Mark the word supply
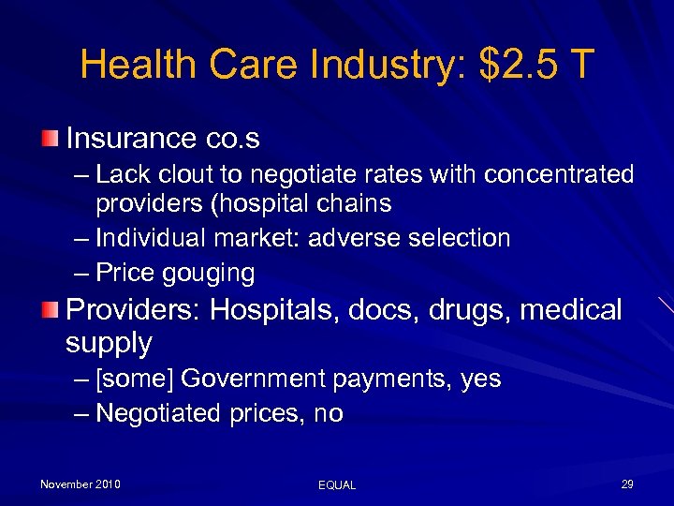(108, 343)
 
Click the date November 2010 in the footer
(80, 484)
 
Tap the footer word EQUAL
(337, 485)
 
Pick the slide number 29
(626, 484)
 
